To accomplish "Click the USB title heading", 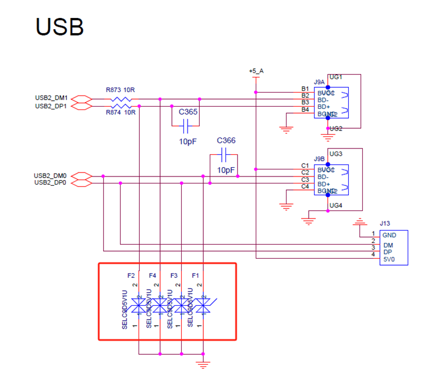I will pyautogui.click(x=59, y=27).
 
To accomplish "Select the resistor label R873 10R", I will pyautogui.click(x=121, y=90).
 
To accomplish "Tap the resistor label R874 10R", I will pyautogui.click(x=121, y=112).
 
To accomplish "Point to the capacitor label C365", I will pyautogui.click(x=188, y=111).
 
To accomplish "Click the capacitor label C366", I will pyautogui.click(x=225, y=141).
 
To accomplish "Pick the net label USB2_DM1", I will pyautogui.click(x=51, y=98).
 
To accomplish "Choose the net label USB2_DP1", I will pyautogui.click(x=51, y=106).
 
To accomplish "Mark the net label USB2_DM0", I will pyautogui.click(x=50, y=175).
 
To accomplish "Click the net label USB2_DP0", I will pyautogui.click(x=50, y=183).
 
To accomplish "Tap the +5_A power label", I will pyautogui.click(x=256, y=71).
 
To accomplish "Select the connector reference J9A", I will pyautogui.click(x=319, y=83).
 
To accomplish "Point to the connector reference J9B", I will pyautogui.click(x=319, y=158).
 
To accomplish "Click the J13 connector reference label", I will pyautogui.click(x=384, y=223).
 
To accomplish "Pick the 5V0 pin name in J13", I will pyautogui.click(x=389, y=260).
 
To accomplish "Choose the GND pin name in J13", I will pyautogui.click(x=390, y=235).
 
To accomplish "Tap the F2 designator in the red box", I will pyautogui.click(x=131, y=275).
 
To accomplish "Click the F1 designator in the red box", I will pyautogui.click(x=196, y=275).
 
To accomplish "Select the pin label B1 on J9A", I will pyautogui.click(x=305, y=89).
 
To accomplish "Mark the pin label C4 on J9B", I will pyautogui.click(x=305, y=186).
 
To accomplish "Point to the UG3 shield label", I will pyautogui.click(x=336, y=154).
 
